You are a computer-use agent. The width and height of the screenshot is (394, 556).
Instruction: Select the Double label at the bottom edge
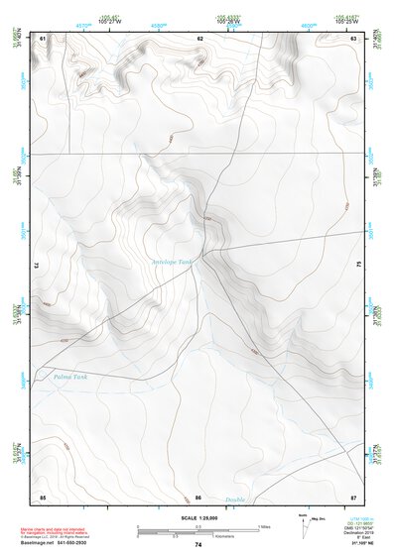(234, 500)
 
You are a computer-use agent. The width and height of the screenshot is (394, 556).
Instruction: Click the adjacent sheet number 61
(43, 38)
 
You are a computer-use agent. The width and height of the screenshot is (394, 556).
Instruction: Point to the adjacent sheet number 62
(199, 38)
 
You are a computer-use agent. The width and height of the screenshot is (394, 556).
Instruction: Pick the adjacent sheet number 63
(354, 38)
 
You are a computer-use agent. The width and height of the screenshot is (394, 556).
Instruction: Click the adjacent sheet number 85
(43, 497)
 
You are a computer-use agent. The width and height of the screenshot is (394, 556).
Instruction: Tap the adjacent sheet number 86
(198, 497)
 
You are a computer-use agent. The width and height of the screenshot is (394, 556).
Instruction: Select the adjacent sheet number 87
(354, 497)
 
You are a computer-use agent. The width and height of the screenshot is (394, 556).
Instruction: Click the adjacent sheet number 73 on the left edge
(37, 266)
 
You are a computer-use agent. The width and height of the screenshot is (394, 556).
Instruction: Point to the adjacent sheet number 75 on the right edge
(359, 266)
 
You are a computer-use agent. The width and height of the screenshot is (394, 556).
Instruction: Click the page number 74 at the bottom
(198, 545)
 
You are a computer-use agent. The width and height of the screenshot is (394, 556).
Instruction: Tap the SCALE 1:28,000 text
(198, 518)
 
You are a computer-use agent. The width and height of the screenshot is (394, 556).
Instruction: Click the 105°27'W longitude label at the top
(95, 22)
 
